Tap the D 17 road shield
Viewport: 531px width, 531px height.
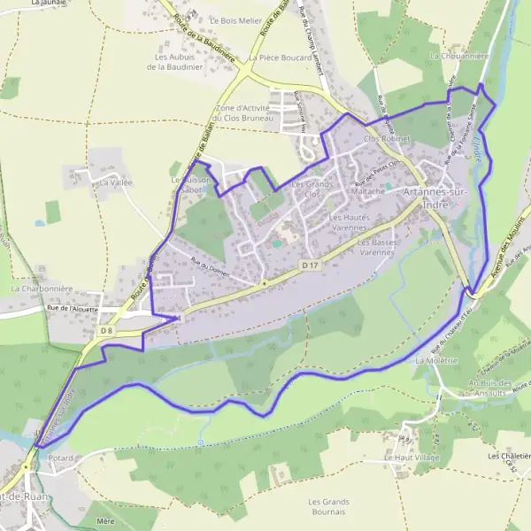coord(309,265)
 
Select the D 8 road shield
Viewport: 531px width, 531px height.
coord(106,331)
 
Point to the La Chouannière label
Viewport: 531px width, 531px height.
coord(458,55)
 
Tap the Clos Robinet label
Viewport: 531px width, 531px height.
coord(383,139)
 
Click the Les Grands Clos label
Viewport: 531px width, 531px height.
coord(304,189)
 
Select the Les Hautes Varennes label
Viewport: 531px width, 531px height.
coord(349,221)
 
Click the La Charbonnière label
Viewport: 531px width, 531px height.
coord(41,289)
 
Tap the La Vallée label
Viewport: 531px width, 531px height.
coord(115,181)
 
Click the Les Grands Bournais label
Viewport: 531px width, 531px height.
coord(327,506)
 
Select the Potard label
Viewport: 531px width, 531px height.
coord(62,458)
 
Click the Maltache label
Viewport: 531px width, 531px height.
coord(366,190)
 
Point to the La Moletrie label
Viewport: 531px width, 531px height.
coord(435,361)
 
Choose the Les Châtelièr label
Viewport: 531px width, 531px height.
coord(508,456)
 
